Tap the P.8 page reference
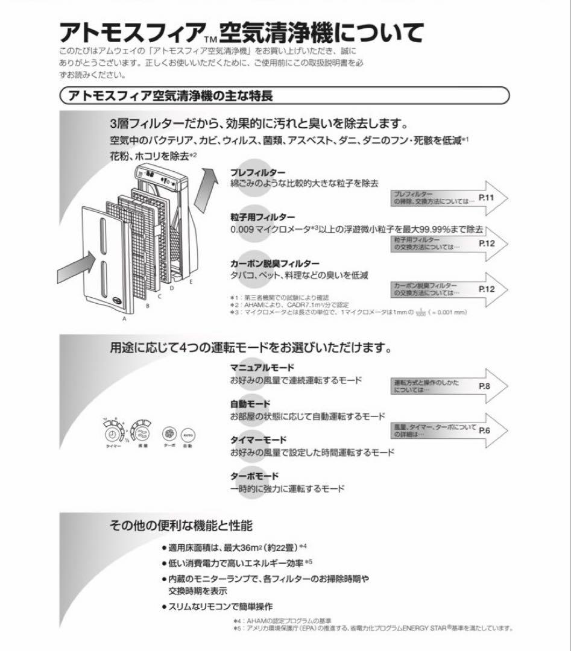(485, 385)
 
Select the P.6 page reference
(485, 430)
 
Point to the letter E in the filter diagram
(191, 281)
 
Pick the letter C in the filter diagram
(160, 297)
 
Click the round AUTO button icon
(188, 435)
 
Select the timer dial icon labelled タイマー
(112, 435)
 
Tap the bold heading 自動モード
(250, 404)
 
